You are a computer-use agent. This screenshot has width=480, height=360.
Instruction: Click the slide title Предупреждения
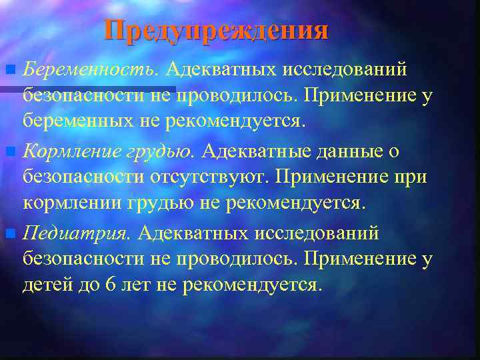tap(217, 31)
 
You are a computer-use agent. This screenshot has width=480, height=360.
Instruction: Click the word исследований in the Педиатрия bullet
tap(324, 233)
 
